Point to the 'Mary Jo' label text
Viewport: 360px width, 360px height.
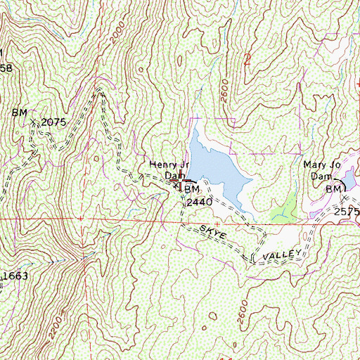[x=321, y=166]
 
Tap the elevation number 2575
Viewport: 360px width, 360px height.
[x=346, y=211]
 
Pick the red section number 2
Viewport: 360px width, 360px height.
[x=247, y=59]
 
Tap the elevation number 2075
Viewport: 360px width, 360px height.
[x=53, y=122]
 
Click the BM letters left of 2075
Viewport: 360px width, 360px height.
[x=18, y=112]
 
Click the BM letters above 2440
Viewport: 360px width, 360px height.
[x=193, y=190]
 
